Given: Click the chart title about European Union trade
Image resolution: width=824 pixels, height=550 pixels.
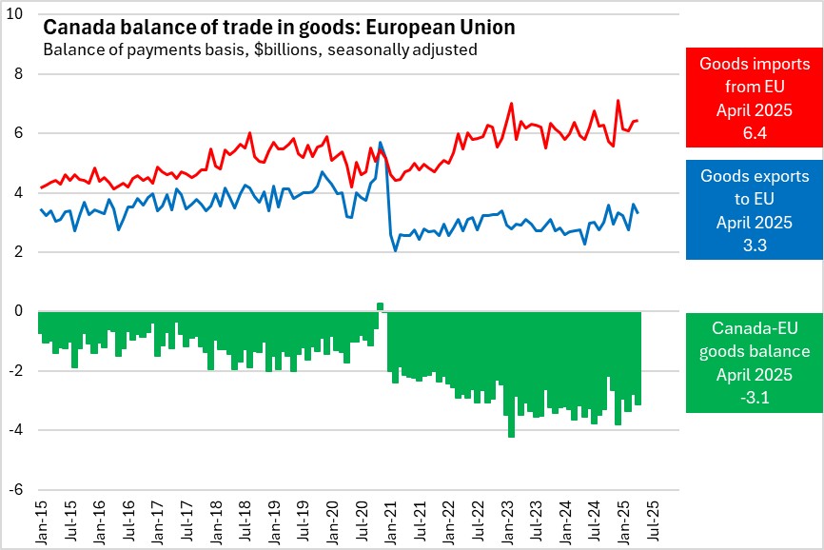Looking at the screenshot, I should pyautogui.click(x=278, y=28).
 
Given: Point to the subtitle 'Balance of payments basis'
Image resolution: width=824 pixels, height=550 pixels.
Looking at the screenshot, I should pyautogui.click(x=259, y=49).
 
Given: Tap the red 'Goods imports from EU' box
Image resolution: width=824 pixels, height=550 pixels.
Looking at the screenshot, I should pyautogui.click(x=754, y=98).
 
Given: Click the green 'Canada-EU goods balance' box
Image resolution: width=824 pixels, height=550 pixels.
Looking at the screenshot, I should pyautogui.click(x=754, y=363).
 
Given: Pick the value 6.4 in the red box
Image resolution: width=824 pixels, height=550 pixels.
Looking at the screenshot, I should pyautogui.click(x=755, y=132).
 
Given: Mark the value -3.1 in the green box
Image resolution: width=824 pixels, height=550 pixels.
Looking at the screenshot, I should pyautogui.click(x=755, y=399).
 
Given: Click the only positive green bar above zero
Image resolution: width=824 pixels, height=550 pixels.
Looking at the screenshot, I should pyautogui.click(x=380, y=306).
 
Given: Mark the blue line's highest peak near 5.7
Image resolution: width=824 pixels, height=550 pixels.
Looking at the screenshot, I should pyautogui.click(x=381, y=143).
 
